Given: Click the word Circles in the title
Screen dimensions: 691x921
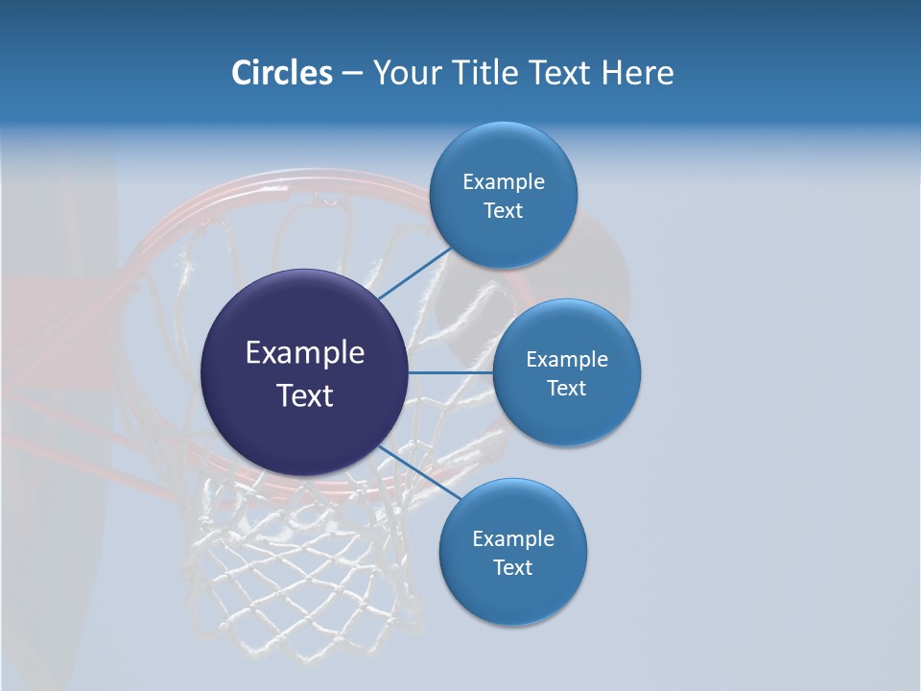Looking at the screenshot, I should pos(281,73).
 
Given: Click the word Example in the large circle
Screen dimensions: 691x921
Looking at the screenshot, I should pos(305,353).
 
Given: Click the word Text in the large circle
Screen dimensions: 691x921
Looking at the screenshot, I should pos(305,395).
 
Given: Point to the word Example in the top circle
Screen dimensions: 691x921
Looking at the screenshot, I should pos(503,182).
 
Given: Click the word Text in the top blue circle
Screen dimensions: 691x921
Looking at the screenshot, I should pos(503,211).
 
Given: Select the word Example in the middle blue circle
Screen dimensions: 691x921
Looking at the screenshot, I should pos(566,360).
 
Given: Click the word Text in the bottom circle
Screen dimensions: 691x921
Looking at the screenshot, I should pos(512,568).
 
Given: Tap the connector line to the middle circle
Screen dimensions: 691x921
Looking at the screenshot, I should pos(451,371).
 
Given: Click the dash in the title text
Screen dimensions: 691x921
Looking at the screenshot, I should pos(352,74).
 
